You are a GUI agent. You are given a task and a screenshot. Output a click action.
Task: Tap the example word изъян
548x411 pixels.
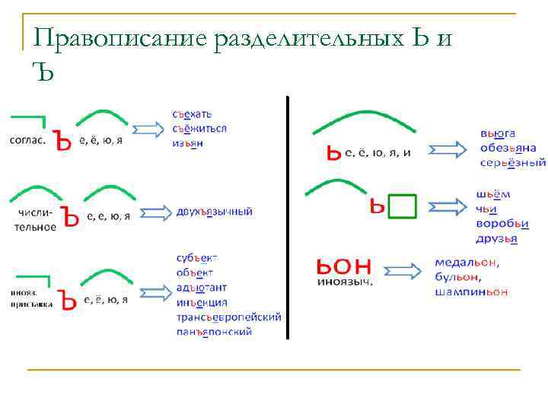click(186, 142)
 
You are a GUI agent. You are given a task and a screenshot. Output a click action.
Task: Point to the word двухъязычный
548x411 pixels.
click(214, 211)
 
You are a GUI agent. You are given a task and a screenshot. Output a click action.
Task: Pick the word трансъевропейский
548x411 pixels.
click(228, 317)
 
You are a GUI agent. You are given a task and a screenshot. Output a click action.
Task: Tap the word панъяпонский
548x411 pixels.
click(214, 331)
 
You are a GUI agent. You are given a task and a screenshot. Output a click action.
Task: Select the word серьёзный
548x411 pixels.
click(512, 162)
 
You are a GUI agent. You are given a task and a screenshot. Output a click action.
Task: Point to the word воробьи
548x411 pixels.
click(502, 224)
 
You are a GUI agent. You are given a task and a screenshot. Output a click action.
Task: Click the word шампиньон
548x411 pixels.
click(471, 292)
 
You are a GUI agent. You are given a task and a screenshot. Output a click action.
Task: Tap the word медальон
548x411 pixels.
click(467, 263)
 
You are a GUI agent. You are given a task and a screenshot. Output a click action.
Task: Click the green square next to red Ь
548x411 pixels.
click(403, 205)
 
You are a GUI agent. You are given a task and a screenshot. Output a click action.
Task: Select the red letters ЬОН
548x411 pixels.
click(343, 266)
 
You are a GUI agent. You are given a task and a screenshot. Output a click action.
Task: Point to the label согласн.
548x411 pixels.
click(27, 141)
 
